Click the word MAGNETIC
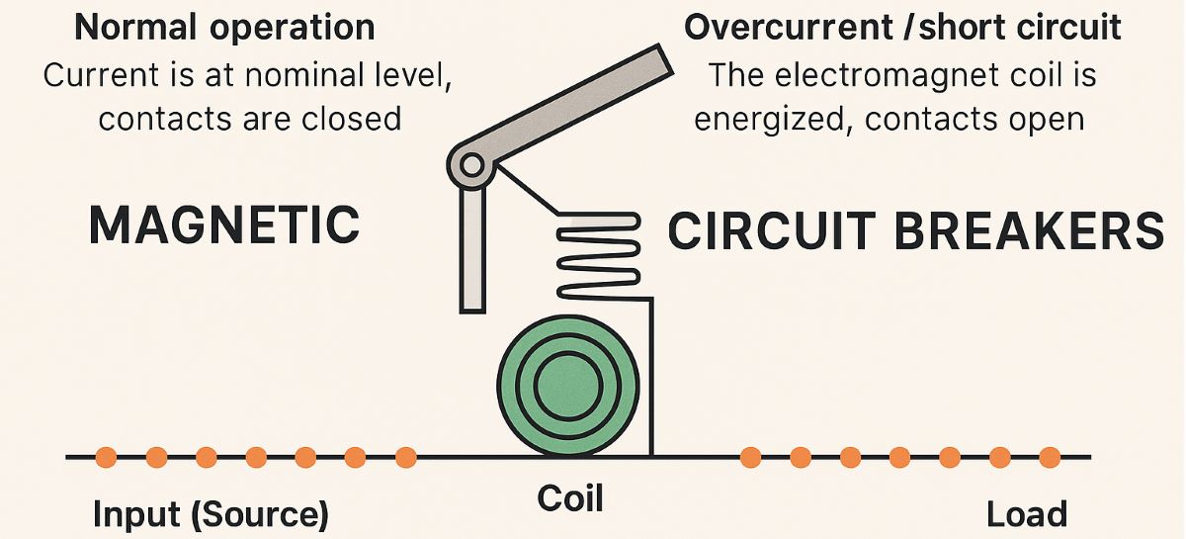click(x=224, y=225)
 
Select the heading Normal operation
click(x=224, y=27)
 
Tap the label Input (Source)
click(x=210, y=514)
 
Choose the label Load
click(x=1027, y=514)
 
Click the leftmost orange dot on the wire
click(x=107, y=457)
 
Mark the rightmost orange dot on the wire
click(x=1050, y=457)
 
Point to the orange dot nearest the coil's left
click(x=405, y=457)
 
